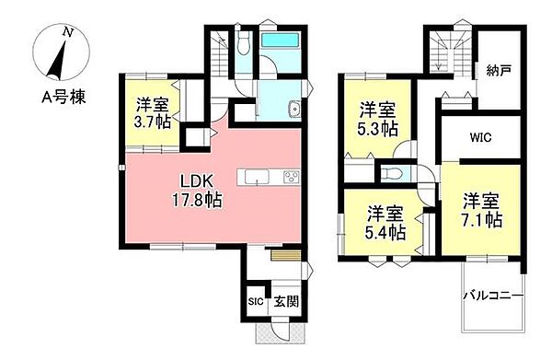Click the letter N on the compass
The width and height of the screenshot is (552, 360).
68,33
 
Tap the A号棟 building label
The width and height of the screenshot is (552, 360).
63,97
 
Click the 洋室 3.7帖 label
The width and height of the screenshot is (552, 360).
153,112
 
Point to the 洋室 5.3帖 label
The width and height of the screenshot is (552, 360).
378,120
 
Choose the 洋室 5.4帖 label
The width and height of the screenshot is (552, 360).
385,223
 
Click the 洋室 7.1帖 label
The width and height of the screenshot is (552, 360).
481,210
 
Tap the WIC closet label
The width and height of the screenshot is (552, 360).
480,137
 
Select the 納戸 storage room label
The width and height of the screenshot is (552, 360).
499,71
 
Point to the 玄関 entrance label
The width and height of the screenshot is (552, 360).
286,301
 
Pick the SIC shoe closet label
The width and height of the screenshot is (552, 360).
256,301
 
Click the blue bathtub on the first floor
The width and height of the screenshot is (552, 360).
281,40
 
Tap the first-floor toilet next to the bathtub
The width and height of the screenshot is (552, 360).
243,43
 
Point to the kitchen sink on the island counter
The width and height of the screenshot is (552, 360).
257,177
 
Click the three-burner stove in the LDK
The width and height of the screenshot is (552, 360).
292,177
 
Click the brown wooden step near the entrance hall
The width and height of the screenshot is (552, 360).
286,255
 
